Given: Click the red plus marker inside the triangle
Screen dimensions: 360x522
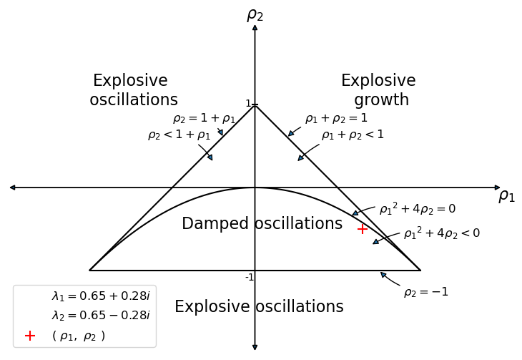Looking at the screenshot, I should point(363,229).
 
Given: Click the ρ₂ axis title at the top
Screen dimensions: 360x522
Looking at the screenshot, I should point(255,15).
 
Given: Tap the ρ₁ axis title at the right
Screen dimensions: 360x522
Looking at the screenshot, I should point(506,196).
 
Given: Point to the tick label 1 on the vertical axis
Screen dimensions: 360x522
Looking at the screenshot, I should point(248,104).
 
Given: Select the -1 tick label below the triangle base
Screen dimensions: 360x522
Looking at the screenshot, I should point(250,278).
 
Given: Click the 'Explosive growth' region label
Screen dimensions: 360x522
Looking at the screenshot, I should point(379,91).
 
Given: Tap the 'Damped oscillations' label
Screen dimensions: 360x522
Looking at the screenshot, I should point(262,224).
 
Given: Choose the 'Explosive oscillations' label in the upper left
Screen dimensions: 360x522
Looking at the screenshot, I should point(133,91).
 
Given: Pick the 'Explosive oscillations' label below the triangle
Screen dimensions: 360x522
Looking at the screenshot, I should point(259,307).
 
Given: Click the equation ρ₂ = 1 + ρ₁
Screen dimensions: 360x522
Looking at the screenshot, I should point(204,119).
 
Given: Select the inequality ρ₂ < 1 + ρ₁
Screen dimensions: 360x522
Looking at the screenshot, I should point(179,135).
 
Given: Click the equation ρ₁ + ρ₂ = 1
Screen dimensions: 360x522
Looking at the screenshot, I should point(336,119).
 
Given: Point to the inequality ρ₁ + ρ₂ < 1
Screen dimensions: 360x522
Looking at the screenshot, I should point(353,135).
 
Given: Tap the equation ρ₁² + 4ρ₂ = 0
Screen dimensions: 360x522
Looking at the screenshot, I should point(417,209).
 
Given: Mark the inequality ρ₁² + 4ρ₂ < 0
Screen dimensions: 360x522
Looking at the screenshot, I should point(441,233).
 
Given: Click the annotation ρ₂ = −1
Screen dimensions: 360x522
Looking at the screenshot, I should point(425,292).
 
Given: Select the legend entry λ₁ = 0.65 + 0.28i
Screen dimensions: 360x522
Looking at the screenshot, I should point(100,296).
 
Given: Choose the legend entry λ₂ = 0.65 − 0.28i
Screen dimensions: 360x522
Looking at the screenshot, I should point(100,316).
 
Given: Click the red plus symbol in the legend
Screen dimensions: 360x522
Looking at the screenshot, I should point(30,336).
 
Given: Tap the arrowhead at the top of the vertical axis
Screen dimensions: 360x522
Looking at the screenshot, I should point(255,27).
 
